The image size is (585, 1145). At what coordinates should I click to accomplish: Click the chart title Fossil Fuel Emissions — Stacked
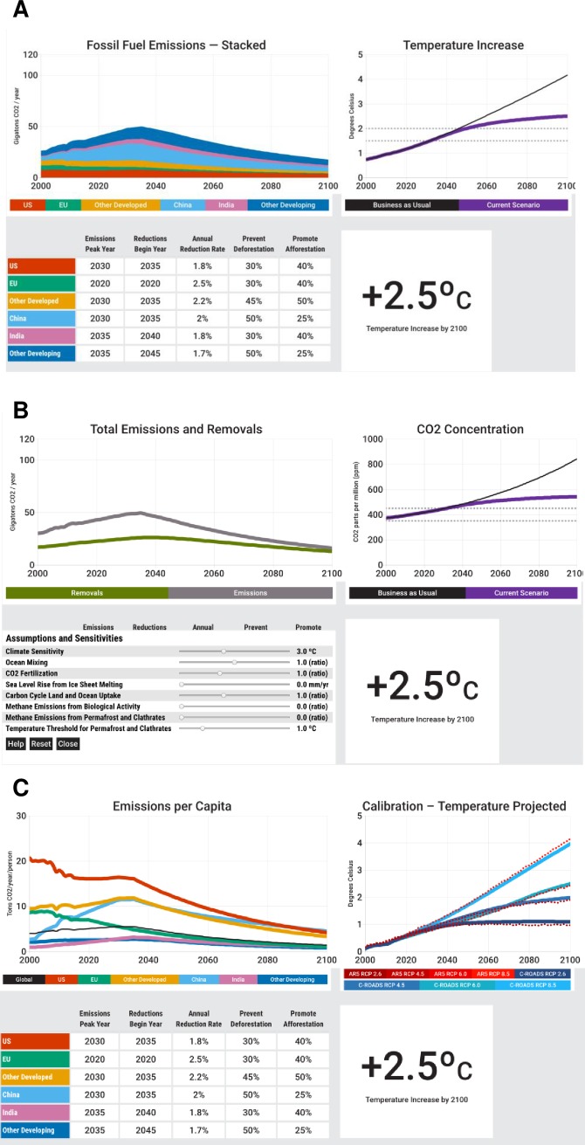tap(176, 45)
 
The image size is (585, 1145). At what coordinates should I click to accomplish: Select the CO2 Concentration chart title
tap(465, 430)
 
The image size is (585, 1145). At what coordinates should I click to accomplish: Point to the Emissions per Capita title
tap(177, 805)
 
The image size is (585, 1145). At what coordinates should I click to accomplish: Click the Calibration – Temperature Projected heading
tap(465, 805)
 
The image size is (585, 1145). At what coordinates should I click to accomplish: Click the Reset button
tap(40, 744)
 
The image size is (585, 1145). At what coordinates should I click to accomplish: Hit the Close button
tap(67, 744)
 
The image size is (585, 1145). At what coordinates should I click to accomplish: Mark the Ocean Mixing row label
tap(27, 662)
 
